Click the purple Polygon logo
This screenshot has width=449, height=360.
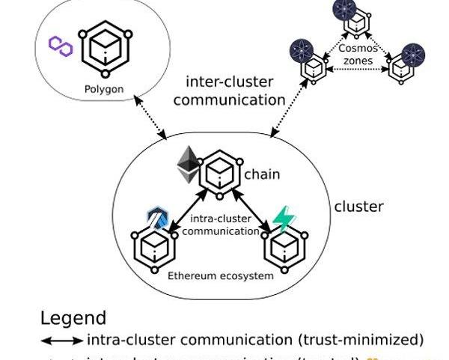click(60, 45)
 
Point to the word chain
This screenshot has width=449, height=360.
click(262, 174)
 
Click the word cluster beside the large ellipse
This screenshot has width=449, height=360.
click(358, 207)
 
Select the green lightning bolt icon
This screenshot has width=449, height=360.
click(284, 219)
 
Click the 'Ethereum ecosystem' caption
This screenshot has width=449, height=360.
click(220, 275)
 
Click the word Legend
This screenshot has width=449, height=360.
click(73, 318)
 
